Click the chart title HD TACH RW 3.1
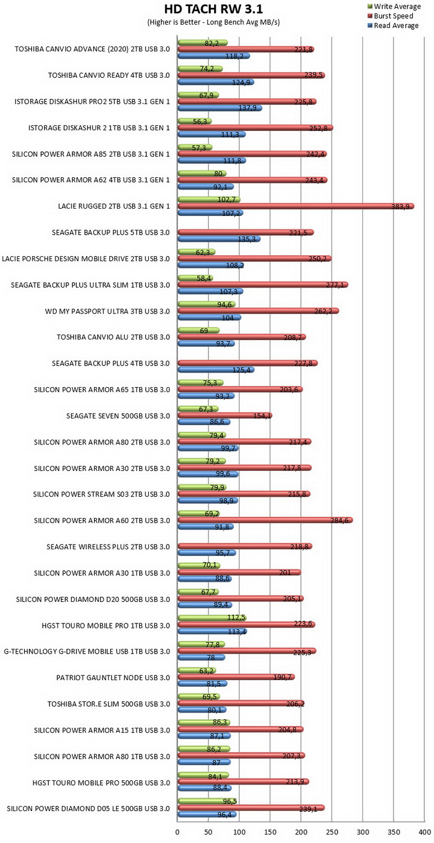(x=213, y=8)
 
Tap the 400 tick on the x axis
(x=424, y=832)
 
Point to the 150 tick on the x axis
(x=270, y=832)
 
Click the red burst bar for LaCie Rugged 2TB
(x=295, y=206)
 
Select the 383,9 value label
(x=400, y=207)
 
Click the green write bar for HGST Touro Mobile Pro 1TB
(x=212, y=618)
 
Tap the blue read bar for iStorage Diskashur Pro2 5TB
(x=219, y=108)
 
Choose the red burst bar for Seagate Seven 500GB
(x=225, y=415)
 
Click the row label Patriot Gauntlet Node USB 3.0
(x=113, y=678)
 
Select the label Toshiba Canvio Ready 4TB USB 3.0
(x=108, y=75)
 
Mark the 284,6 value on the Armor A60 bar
(x=339, y=520)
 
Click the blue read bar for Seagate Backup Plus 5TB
(x=219, y=239)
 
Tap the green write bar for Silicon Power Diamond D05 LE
(x=207, y=801)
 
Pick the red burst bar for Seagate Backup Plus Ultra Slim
(x=262, y=285)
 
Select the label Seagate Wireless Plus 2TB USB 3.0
(x=108, y=547)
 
